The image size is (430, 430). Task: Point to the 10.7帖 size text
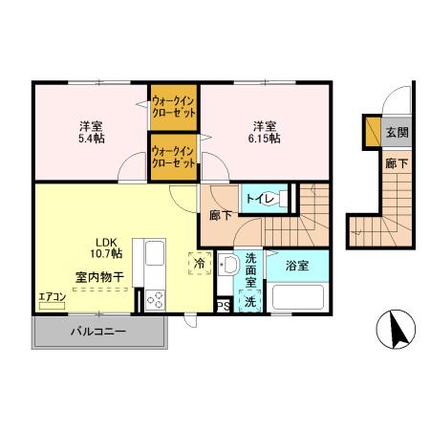pyautogui.click(x=105, y=255)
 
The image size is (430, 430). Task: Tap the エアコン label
pyautogui.click(x=52, y=297)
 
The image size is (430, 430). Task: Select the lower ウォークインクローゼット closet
pyautogui.click(x=174, y=156)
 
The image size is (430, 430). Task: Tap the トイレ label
pyautogui.click(x=260, y=199)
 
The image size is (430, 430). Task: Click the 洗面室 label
pyautogui.click(x=250, y=270)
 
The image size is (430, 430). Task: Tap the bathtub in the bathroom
pyautogui.click(x=299, y=297)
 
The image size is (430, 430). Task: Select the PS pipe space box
pyautogui.click(x=223, y=306)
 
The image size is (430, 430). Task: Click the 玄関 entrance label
pyautogui.click(x=395, y=133)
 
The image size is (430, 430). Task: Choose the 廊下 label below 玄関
pyautogui.click(x=396, y=164)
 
